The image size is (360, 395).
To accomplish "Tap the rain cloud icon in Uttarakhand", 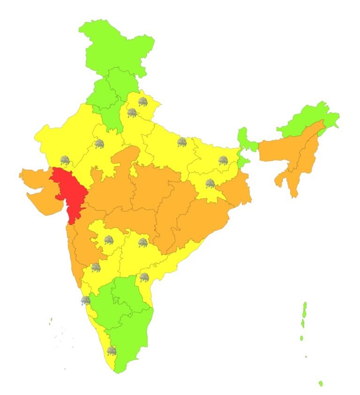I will (142, 101).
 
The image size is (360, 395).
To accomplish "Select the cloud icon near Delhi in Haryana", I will (132, 113).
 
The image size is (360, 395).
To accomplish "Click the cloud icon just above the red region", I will (65, 161).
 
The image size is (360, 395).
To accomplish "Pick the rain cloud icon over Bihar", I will (223, 161).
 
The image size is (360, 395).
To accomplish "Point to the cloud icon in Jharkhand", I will (210, 183).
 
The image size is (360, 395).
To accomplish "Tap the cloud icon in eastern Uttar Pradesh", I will (182, 142).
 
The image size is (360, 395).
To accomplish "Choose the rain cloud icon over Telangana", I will (143, 243).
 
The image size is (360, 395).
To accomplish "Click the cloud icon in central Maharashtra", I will (108, 240).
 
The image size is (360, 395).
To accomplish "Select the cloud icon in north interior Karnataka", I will (96, 268).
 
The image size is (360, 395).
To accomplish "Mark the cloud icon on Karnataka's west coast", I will (85, 300).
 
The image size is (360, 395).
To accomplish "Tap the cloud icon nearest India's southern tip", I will (112, 351).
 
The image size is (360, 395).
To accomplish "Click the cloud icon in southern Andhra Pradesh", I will (144, 277).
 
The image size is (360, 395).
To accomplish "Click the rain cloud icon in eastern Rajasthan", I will (99, 144).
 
